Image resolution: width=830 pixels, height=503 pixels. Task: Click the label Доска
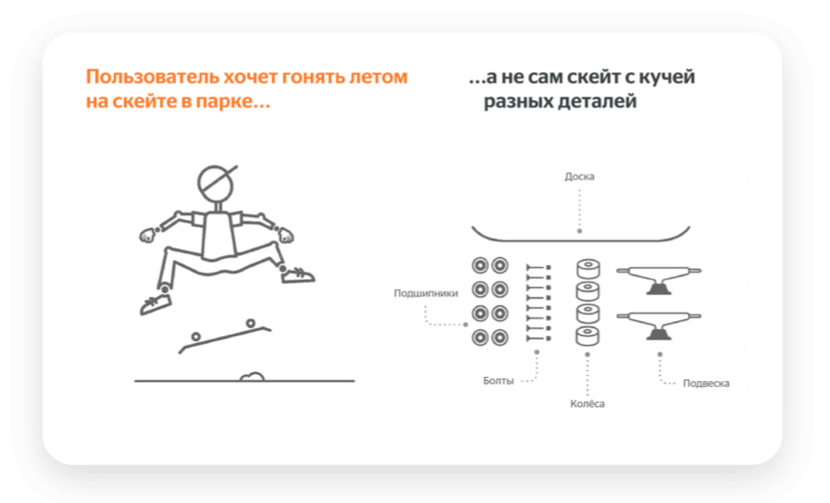pos(579,176)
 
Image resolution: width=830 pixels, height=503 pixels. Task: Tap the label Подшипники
pos(426,293)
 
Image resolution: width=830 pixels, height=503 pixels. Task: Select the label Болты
pos(498,380)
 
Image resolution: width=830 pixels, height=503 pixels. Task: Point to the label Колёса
pos(587,403)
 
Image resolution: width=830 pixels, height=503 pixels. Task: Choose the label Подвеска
pos(706,384)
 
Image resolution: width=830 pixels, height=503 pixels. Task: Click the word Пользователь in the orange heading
pos(152,77)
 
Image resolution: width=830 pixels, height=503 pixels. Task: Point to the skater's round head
pos(216,183)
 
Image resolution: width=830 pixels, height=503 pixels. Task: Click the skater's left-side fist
pos(148,235)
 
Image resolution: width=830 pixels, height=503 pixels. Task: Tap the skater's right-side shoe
pos(298,275)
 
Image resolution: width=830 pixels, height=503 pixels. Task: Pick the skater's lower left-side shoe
pos(155,305)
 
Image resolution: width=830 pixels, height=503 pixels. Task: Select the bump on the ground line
pos(252,376)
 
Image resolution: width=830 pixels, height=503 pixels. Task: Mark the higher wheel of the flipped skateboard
pos(250,323)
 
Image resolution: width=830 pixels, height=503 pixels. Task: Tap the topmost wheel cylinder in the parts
pos(588,268)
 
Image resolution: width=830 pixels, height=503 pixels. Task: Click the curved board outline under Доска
pos(580,240)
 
